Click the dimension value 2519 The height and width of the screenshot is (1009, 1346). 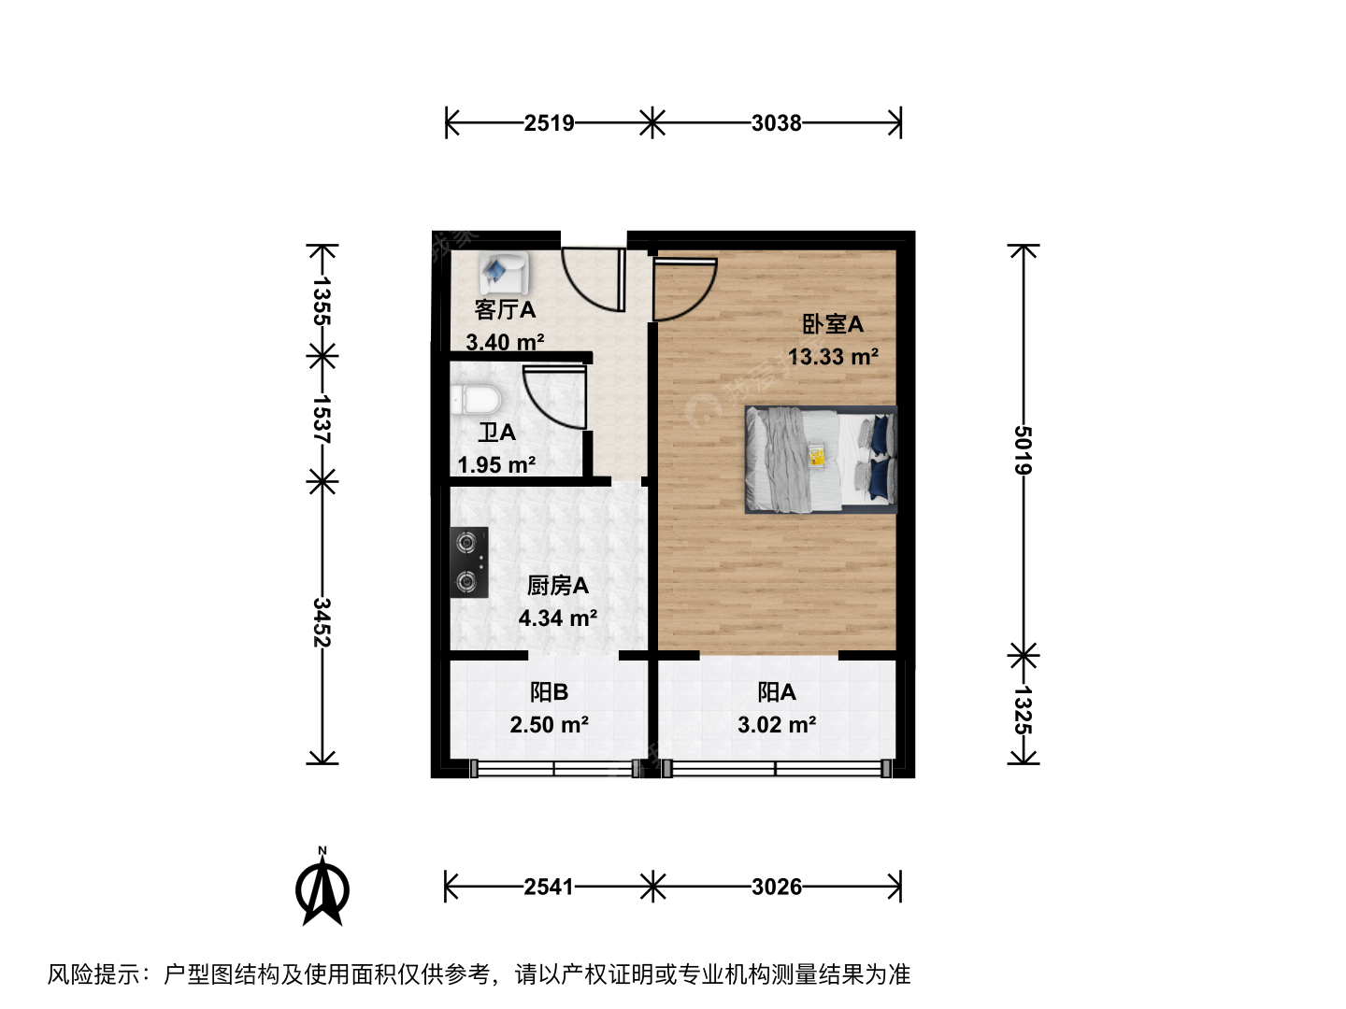tap(549, 123)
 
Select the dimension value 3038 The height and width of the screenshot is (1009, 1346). tap(777, 123)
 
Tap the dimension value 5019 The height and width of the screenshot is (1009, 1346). tap(1023, 450)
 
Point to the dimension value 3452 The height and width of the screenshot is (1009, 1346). tap(322, 622)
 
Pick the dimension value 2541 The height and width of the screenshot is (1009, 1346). tap(549, 887)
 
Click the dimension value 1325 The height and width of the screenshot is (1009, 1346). tap(1023, 710)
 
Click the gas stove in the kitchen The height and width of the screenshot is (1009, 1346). tap(469, 561)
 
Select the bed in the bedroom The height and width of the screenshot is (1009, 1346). tap(821, 460)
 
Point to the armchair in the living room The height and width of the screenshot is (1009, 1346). tap(504, 273)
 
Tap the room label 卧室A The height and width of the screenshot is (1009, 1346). tap(833, 324)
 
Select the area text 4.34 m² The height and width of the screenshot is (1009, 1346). tap(558, 618)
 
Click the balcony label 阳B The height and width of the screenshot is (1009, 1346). tap(549, 692)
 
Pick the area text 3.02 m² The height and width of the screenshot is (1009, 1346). tap(777, 725)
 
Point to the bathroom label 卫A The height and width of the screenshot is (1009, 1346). tap(496, 433)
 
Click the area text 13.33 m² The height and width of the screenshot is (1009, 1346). tap(833, 357)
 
